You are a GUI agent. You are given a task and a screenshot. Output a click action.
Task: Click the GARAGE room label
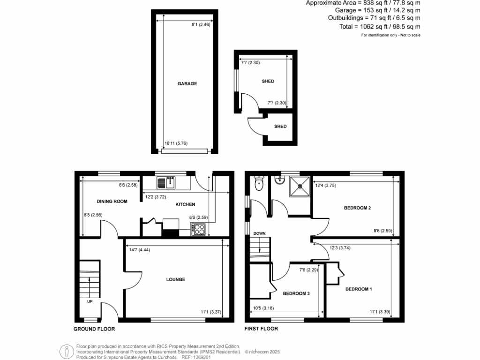[187, 84]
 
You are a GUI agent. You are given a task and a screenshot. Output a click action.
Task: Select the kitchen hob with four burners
[198, 229]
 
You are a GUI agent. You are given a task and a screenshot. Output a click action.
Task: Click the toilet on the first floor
[258, 184]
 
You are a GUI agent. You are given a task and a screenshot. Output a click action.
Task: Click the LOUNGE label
[175, 279]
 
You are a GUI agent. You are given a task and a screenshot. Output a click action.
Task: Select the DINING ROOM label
[112, 201]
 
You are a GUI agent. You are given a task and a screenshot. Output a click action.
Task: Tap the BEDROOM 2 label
[358, 208]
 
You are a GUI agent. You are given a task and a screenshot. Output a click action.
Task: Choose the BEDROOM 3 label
[296, 294]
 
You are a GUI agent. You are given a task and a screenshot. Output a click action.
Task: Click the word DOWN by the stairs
[259, 233]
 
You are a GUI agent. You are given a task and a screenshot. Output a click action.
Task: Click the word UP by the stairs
[90, 301]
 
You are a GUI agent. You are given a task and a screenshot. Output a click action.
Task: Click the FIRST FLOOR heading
[262, 329]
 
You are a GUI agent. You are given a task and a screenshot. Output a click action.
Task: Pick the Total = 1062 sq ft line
[380, 27]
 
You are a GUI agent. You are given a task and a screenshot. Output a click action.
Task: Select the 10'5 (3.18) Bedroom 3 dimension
[264, 308]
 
